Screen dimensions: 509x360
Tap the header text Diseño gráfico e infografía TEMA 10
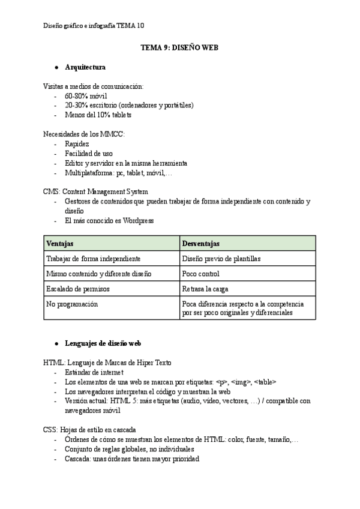click(94, 25)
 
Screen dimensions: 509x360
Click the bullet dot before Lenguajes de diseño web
click(56, 343)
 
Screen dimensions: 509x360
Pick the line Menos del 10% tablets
click(98, 115)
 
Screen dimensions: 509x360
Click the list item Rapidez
click(77, 144)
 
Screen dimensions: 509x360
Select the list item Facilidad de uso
click(88, 154)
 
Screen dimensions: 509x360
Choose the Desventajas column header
click(201, 244)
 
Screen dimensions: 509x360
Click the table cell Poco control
click(201, 274)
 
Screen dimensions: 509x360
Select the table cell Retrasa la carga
click(205, 289)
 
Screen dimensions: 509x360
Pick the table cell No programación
click(71, 304)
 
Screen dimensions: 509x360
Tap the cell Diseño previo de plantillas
click(221, 259)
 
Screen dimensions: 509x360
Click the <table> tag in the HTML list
click(265, 382)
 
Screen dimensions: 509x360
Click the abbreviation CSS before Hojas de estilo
click(50, 430)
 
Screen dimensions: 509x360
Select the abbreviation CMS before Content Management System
click(51, 192)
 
